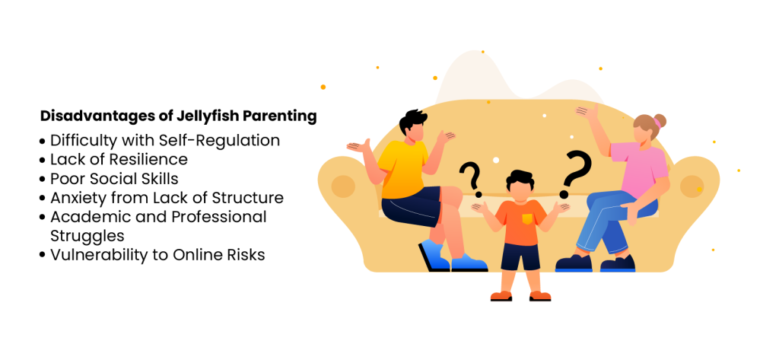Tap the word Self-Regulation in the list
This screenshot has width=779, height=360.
coord(219,141)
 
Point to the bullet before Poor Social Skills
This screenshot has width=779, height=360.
coord(43,180)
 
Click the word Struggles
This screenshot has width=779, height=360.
coord(87,235)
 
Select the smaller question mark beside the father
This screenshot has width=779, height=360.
coord(470,179)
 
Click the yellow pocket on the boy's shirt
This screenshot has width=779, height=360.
coord(526,218)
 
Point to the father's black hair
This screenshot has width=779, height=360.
coord(412,120)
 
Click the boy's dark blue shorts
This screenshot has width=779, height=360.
coord(520,256)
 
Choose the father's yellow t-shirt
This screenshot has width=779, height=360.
coord(402,169)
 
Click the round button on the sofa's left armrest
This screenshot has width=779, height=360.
coord(343,186)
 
